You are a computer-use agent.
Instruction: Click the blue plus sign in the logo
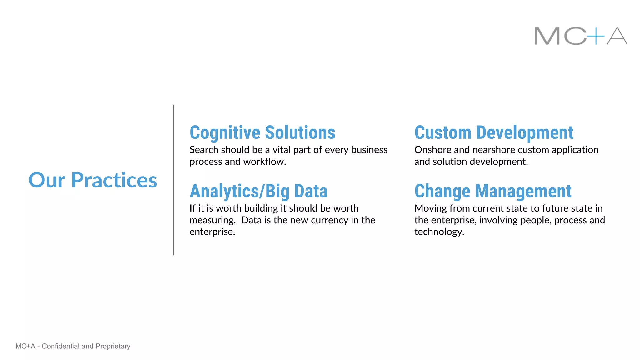[596, 36]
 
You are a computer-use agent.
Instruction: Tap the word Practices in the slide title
[114, 180]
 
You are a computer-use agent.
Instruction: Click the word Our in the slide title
[47, 180]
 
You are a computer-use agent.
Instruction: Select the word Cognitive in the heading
[225, 132]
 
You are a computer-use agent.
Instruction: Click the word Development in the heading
[525, 132]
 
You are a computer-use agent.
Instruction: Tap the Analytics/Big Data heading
[258, 191]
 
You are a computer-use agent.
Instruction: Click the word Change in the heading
[442, 191]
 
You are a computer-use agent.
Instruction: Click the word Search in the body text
[204, 150]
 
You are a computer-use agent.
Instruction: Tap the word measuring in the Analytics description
[212, 220]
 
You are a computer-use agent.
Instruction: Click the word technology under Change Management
[439, 232]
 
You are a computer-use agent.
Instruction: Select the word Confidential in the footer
[61, 346]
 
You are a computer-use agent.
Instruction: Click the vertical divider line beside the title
[173, 180]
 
